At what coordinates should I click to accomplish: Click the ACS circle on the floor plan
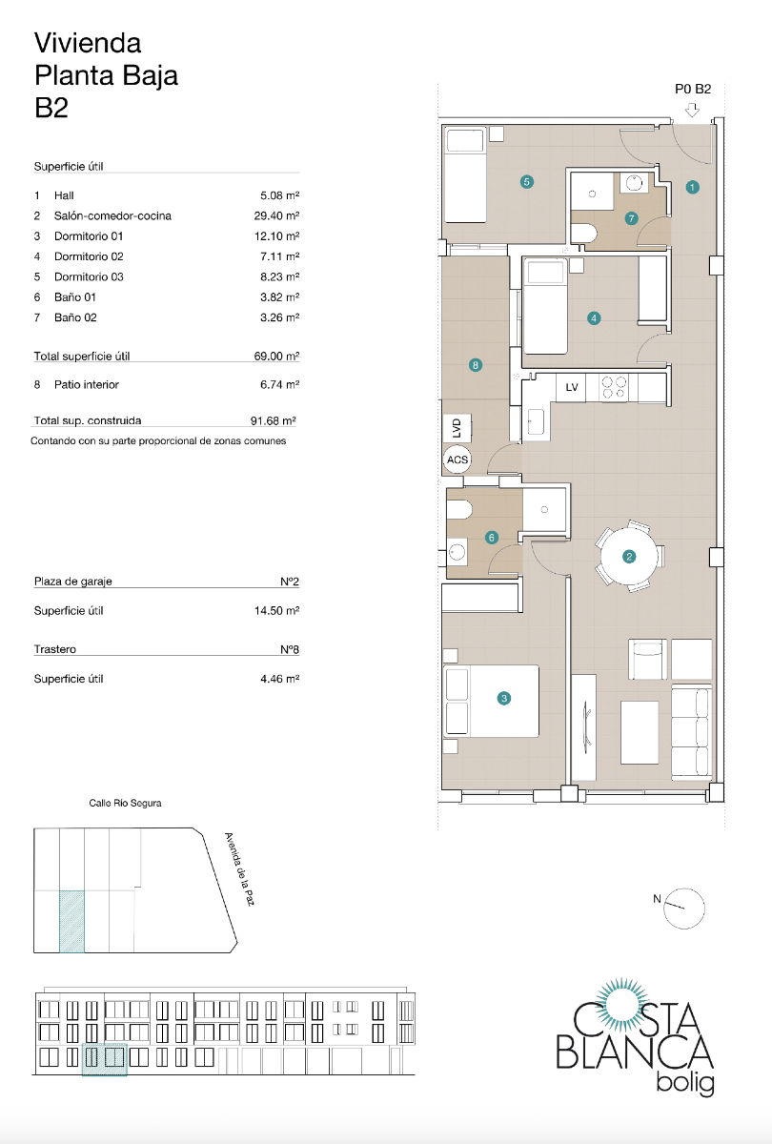[457, 460]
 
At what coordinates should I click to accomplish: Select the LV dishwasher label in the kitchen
[572, 387]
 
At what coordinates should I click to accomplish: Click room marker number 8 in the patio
[476, 364]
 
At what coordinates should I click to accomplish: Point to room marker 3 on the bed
[504, 699]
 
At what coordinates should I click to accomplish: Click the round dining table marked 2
[629, 557]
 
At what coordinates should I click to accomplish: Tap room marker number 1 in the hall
[693, 188]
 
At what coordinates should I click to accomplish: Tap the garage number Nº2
[290, 581]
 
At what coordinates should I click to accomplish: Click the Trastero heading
[55, 649]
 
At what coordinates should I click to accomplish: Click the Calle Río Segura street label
[125, 803]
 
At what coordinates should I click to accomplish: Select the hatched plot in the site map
[71, 921]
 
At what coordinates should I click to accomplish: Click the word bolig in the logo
[685, 1083]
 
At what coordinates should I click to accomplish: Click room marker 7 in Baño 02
[631, 217]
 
